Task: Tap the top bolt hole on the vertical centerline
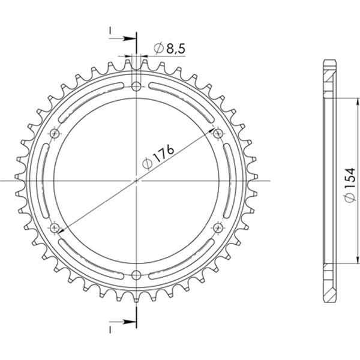(137, 86)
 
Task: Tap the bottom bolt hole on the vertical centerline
(137, 275)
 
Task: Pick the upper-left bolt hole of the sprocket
(56, 133)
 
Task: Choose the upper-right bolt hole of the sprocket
(218, 133)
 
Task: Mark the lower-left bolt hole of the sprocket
(56, 227)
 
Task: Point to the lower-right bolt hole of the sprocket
(218, 227)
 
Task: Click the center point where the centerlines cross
(137, 180)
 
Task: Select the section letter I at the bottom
(110, 329)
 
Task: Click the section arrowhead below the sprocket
(131, 319)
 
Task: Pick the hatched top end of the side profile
(330, 75)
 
